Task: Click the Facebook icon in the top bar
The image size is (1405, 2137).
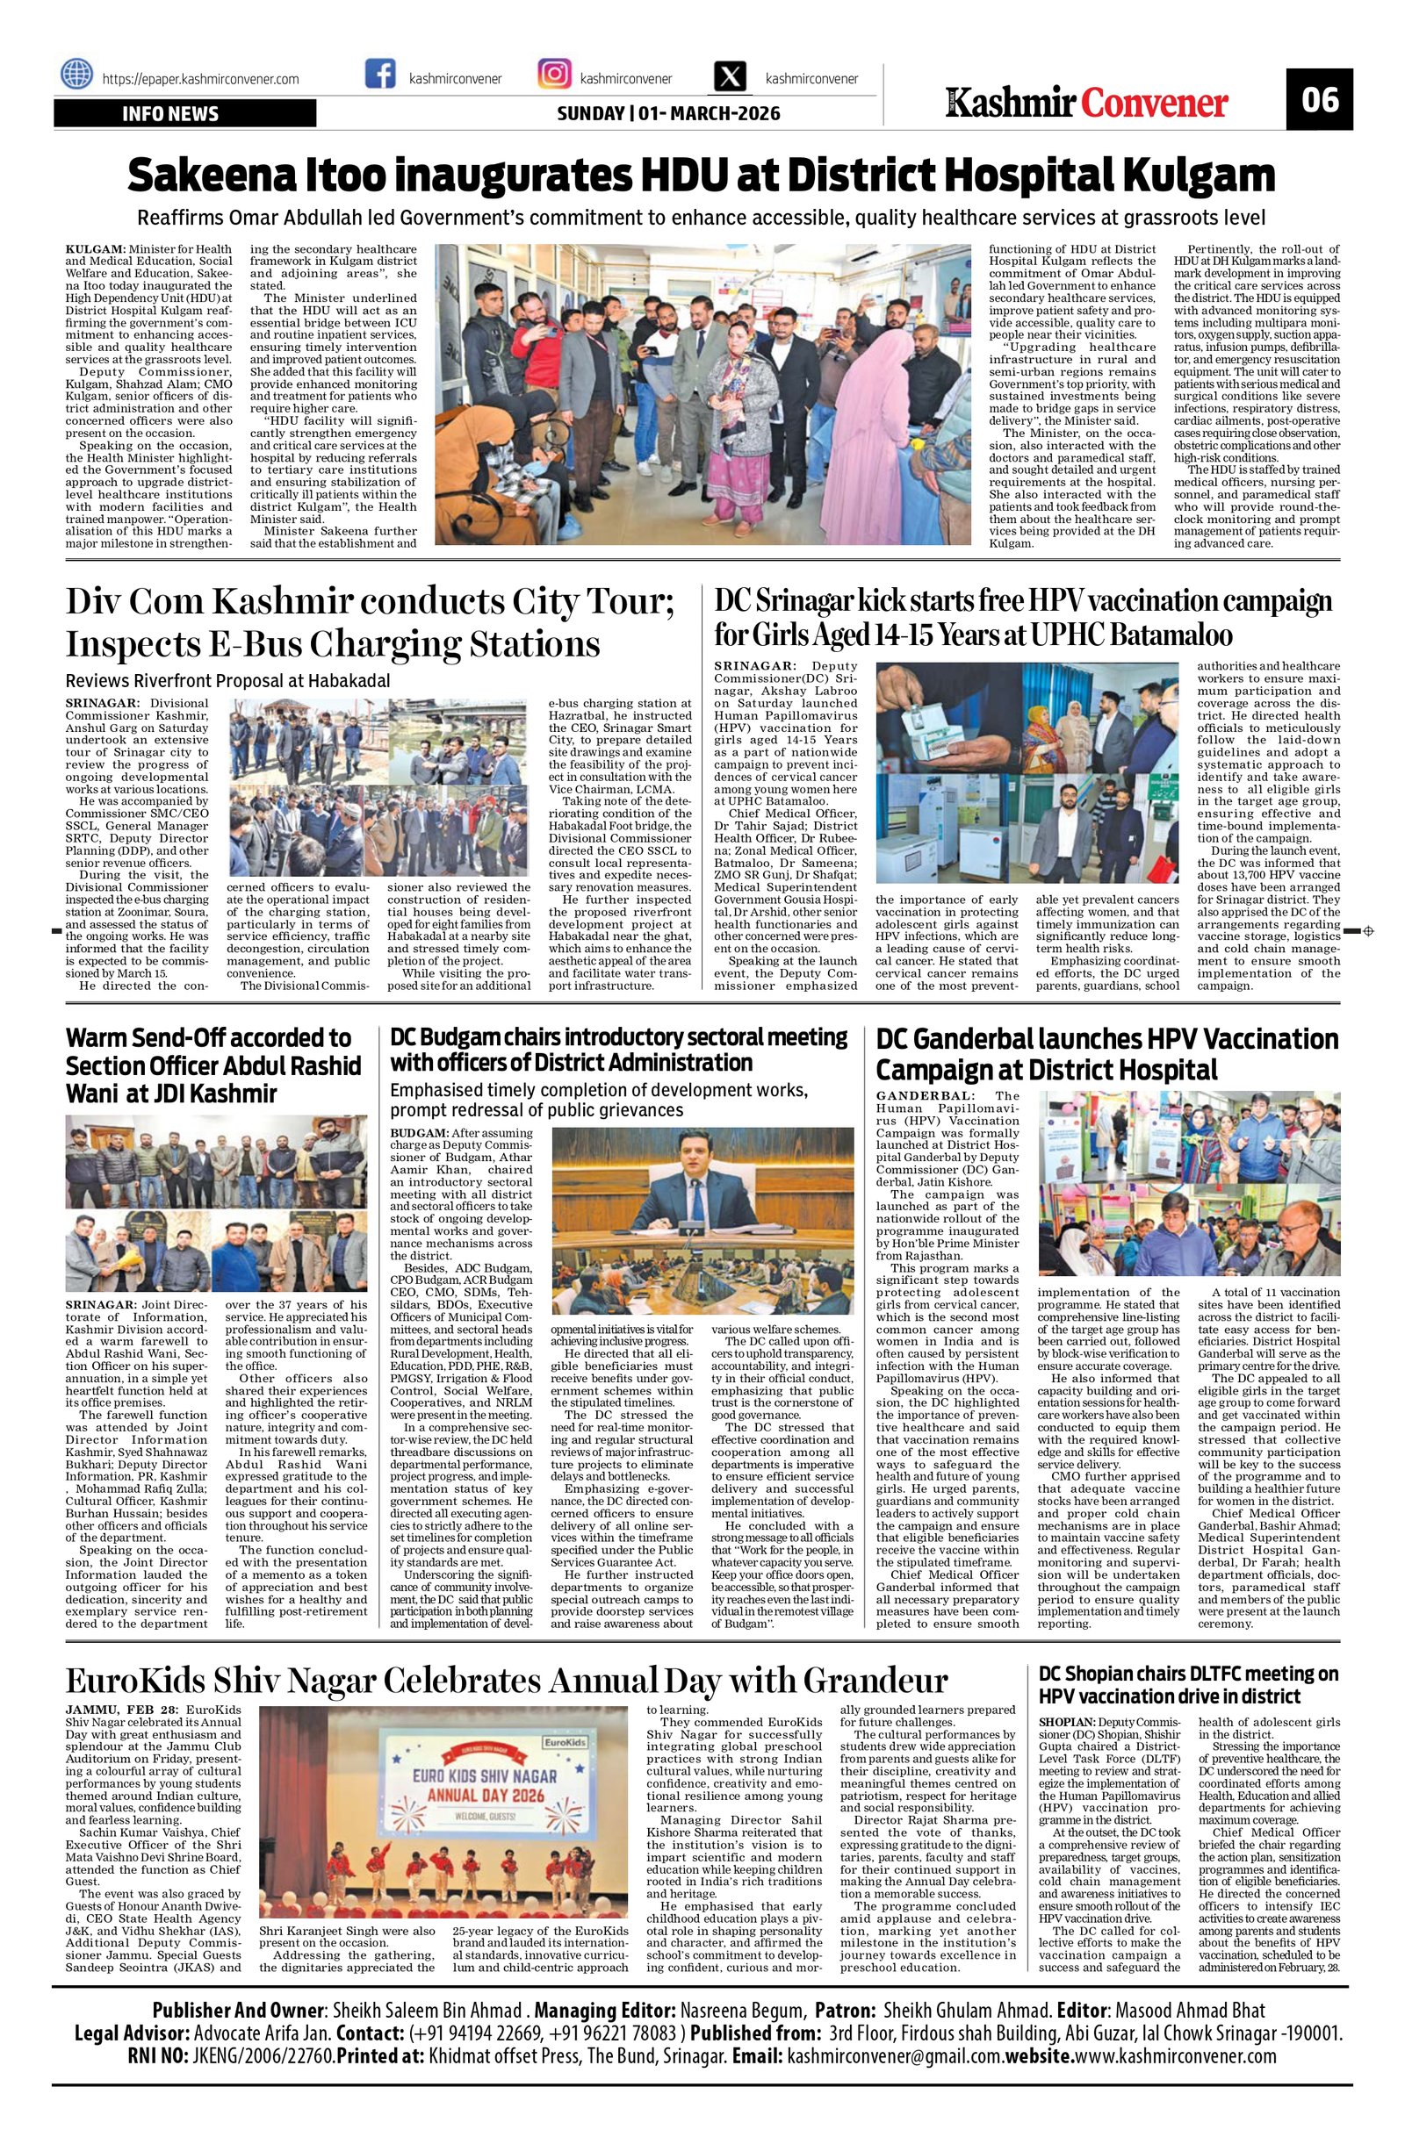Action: pos(380,74)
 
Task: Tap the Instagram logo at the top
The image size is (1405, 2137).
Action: pos(553,74)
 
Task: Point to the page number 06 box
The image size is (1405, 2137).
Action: pos(1318,99)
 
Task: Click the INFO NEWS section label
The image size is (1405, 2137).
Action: pos(170,114)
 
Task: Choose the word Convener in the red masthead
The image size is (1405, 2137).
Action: pos(1155,104)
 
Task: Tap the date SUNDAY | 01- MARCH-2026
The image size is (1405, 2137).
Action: pos(668,114)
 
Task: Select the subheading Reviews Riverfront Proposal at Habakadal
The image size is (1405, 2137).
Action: pos(228,682)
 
